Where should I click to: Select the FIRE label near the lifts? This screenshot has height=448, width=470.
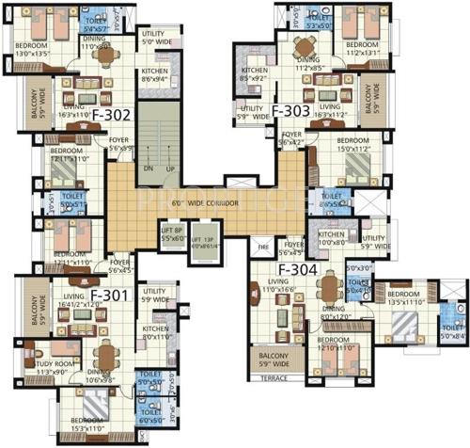(263, 248)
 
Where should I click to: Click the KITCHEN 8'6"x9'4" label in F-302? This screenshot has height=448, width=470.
(155, 76)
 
